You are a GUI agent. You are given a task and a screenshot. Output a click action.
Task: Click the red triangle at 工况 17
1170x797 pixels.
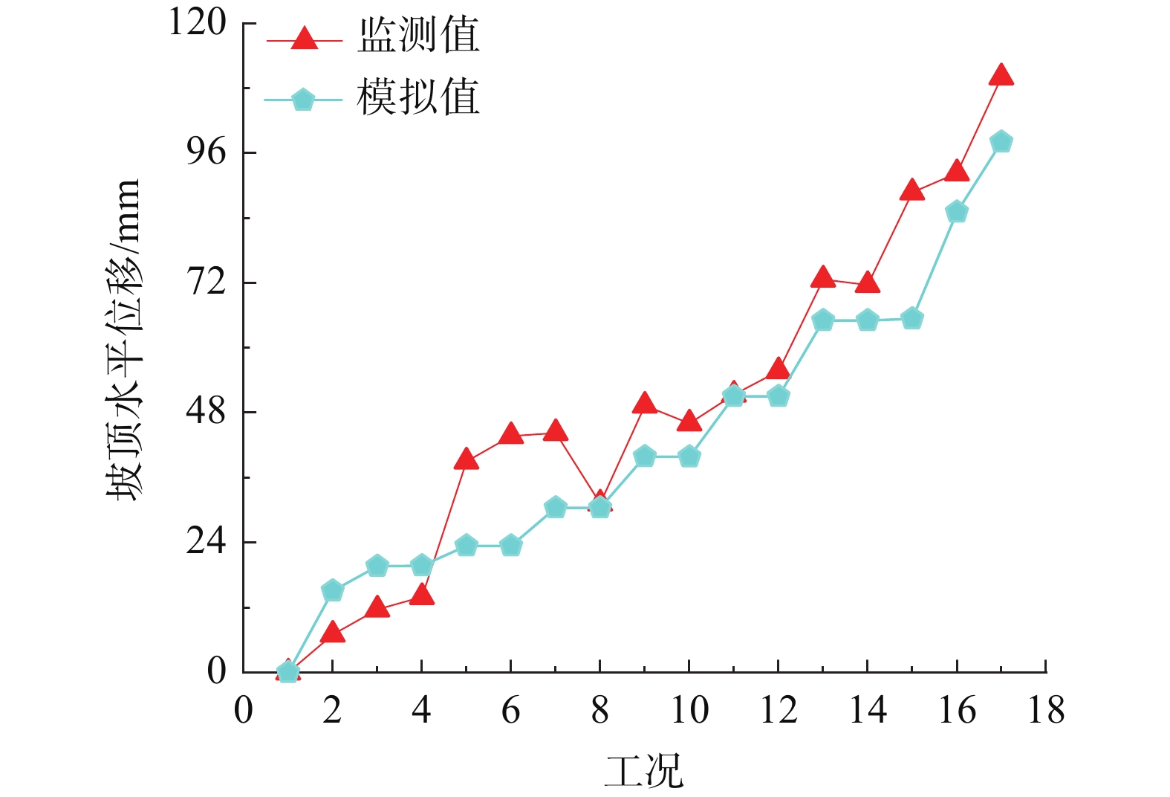click(1001, 75)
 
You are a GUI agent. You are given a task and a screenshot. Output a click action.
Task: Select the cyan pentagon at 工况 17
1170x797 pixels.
click(1001, 141)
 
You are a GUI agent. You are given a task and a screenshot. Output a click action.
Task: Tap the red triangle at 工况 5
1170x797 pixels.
click(466, 459)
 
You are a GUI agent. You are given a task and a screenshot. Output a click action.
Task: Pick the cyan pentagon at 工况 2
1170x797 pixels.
click(332, 590)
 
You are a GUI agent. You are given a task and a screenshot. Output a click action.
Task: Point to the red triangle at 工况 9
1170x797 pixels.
click(645, 404)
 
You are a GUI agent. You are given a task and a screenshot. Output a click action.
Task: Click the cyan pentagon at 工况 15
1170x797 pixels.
click(912, 319)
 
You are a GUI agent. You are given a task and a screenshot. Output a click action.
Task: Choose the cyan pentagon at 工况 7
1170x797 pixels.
click(556, 508)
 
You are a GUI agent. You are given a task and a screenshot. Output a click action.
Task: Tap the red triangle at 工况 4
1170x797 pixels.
click(421, 595)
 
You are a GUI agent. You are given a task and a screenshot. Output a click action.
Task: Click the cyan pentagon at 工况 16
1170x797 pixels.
click(957, 212)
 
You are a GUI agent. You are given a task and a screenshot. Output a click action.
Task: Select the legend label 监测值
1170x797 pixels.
click(418, 35)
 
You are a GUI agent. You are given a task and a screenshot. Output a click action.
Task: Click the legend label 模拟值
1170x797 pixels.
click(418, 97)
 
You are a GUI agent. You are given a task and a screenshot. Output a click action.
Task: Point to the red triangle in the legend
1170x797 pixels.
click(304, 38)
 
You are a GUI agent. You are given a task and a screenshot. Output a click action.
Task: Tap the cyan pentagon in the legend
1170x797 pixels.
click(303, 100)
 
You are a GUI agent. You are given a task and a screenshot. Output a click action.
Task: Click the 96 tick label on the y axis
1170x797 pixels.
click(206, 152)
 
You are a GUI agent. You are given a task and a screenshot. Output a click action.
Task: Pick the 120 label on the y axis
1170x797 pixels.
click(198, 22)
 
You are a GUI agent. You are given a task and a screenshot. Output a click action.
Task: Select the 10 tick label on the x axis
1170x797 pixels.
click(689, 711)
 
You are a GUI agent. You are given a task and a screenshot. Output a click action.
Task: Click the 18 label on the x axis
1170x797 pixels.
click(1046, 711)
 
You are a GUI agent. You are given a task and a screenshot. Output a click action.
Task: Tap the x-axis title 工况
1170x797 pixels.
click(643, 770)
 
